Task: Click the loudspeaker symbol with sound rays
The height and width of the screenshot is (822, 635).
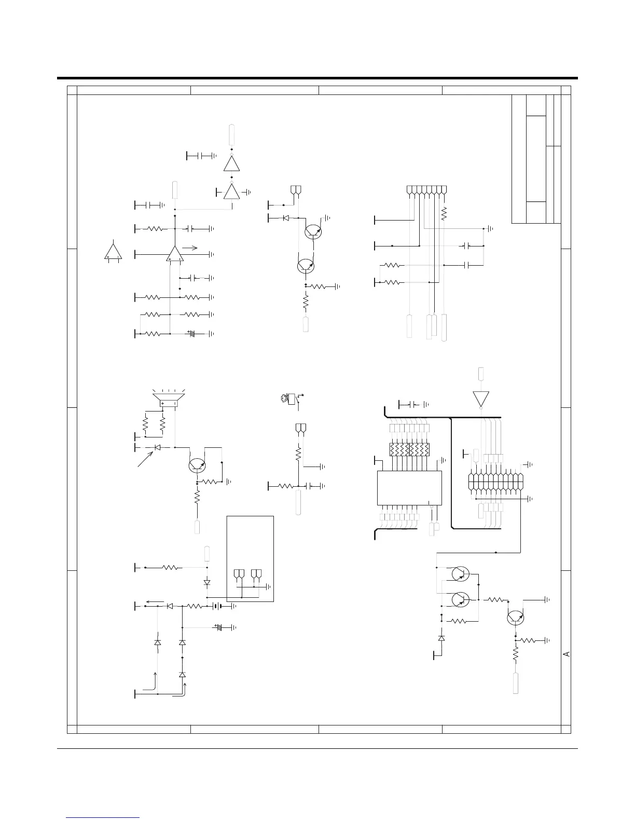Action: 168,399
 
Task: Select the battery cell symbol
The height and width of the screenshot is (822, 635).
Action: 217,606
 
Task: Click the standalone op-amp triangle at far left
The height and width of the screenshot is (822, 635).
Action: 113,251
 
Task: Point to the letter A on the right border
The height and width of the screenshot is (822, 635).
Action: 566,654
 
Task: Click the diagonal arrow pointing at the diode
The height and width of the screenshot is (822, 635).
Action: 145,458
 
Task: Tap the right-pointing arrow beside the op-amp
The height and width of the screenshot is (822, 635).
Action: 190,248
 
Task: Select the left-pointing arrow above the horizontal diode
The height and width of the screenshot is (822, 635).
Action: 156,601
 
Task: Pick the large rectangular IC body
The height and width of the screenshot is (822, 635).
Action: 409,488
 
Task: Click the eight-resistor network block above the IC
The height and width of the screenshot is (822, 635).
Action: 409,449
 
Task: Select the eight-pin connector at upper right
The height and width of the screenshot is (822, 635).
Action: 426,190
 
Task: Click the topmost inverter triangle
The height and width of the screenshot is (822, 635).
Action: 231,163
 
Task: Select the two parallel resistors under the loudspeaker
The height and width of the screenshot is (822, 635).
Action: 154,425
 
